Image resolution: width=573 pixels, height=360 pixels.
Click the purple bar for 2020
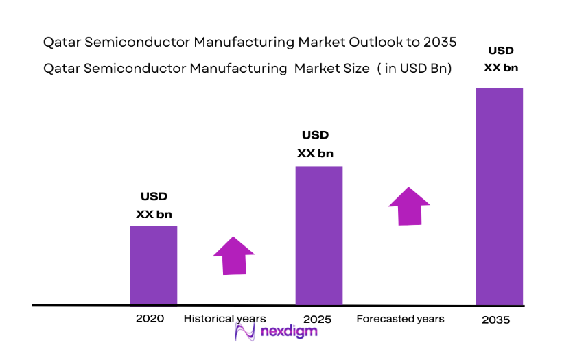point(154,265)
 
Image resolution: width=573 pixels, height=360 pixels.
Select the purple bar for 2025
point(319,235)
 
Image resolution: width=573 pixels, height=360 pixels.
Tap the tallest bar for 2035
point(500,196)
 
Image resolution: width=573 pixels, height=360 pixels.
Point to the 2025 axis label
point(317,320)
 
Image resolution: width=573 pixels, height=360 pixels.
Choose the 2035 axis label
point(495,320)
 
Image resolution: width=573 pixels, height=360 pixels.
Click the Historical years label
point(224,319)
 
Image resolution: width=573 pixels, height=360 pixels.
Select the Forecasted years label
point(401,319)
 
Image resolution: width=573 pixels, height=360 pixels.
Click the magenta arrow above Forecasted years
point(409,206)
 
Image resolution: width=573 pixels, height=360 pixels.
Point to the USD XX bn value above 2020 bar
point(154,206)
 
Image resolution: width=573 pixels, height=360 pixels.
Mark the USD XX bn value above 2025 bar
point(315,144)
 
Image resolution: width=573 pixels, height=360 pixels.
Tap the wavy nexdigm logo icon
point(245,332)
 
